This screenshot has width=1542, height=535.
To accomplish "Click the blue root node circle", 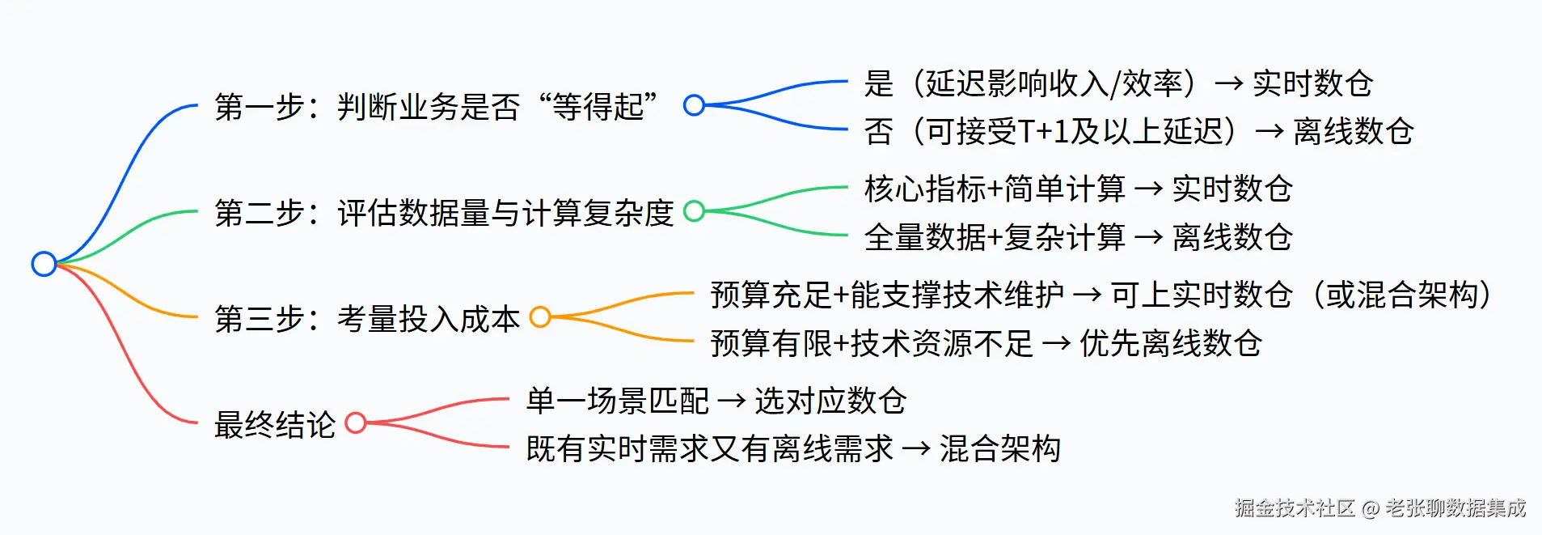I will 44,264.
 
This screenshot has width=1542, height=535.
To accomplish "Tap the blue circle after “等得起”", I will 694,105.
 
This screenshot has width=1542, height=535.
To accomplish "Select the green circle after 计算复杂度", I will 694,211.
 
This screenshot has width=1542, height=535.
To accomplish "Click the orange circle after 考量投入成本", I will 540,317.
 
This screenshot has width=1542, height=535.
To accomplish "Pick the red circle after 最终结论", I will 356,422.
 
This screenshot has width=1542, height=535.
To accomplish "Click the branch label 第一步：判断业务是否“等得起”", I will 437,107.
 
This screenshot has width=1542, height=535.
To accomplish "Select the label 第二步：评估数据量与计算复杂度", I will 444,213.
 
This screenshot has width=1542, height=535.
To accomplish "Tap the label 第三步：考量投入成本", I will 367,319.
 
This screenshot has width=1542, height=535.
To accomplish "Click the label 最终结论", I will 275,425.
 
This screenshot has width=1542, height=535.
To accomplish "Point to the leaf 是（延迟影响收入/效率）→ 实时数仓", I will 1118,83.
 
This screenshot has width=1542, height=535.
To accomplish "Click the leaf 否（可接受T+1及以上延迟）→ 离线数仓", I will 1139,131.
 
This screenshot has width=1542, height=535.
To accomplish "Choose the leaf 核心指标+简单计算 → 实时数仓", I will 1078,189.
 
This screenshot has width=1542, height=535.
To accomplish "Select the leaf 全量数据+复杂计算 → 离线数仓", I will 1078,237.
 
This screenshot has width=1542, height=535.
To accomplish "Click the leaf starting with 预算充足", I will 1101,295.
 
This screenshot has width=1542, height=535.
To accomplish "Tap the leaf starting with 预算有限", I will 986,343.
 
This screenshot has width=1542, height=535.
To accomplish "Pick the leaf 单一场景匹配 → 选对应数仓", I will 716,401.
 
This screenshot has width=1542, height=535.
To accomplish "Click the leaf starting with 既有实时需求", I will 793,448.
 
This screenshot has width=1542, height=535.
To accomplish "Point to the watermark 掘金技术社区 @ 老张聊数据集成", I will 1379,508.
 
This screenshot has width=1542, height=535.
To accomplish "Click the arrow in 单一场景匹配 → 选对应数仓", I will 731,401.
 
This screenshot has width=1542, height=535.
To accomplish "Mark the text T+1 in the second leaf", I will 1043,131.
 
